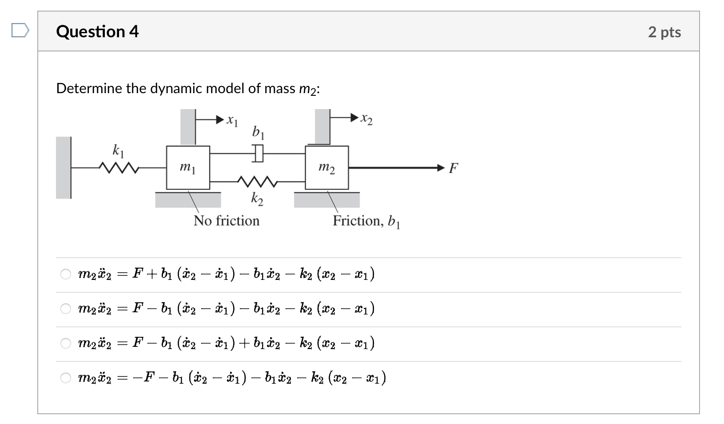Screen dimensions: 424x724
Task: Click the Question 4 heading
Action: pyautogui.click(x=97, y=31)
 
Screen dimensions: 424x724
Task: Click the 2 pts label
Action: pyautogui.click(x=664, y=32)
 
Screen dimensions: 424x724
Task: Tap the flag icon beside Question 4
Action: pyautogui.click(x=20, y=31)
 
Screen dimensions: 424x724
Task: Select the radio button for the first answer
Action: pyautogui.click(x=66, y=275)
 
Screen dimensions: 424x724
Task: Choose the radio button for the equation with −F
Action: pyautogui.click(x=66, y=378)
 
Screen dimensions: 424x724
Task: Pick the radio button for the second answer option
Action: pyautogui.click(x=66, y=309)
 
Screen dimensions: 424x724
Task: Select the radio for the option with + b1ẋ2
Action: pyautogui.click(x=66, y=343)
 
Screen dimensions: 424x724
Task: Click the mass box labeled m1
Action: pyautogui.click(x=188, y=168)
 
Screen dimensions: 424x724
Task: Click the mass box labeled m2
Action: pyautogui.click(x=326, y=168)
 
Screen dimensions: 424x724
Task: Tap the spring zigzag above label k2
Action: pyautogui.click(x=258, y=181)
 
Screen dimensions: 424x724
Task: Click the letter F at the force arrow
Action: pyautogui.click(x=453, y=168)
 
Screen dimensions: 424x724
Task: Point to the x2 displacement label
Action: pyautogui.click(x=366, y=119)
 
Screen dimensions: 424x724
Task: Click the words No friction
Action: pyautogui.click(x=226, y=220)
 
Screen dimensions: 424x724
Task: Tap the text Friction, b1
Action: pyautogui.click(x=366, y=221)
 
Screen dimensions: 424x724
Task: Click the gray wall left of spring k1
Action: pyautogui.click(x=63, y=168)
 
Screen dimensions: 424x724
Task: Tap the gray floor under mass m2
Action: pyautogui.click(x=326, y=200)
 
